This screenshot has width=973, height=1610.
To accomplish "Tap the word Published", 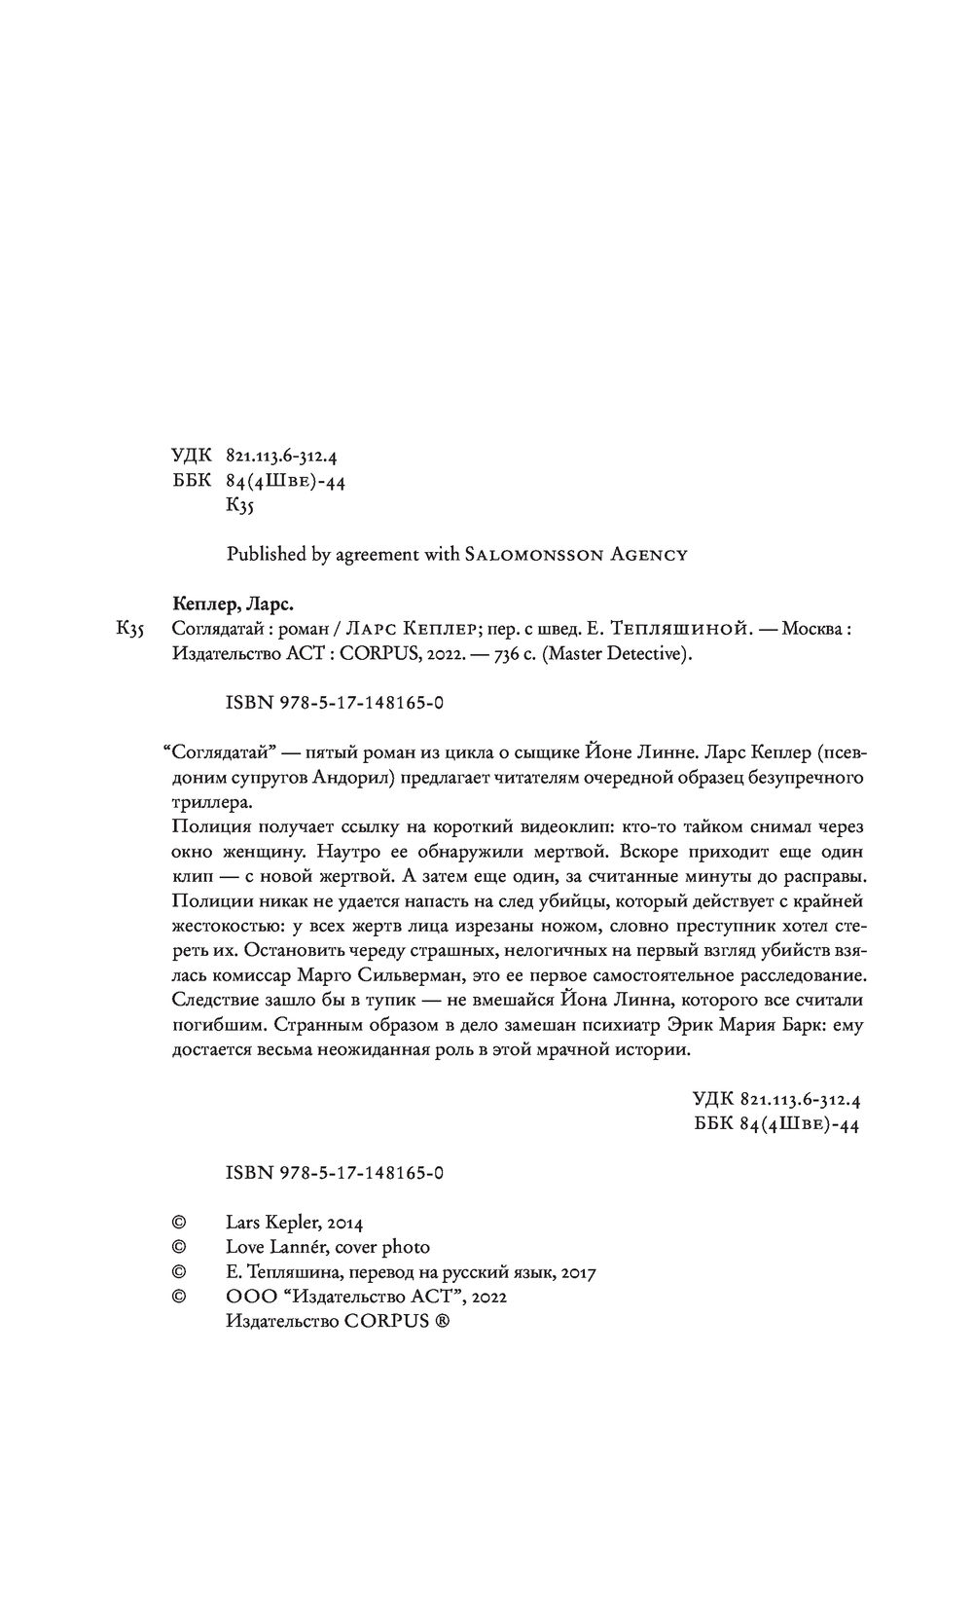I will click(265, 555).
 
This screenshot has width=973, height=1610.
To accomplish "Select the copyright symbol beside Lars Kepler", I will click(178, 1222).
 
